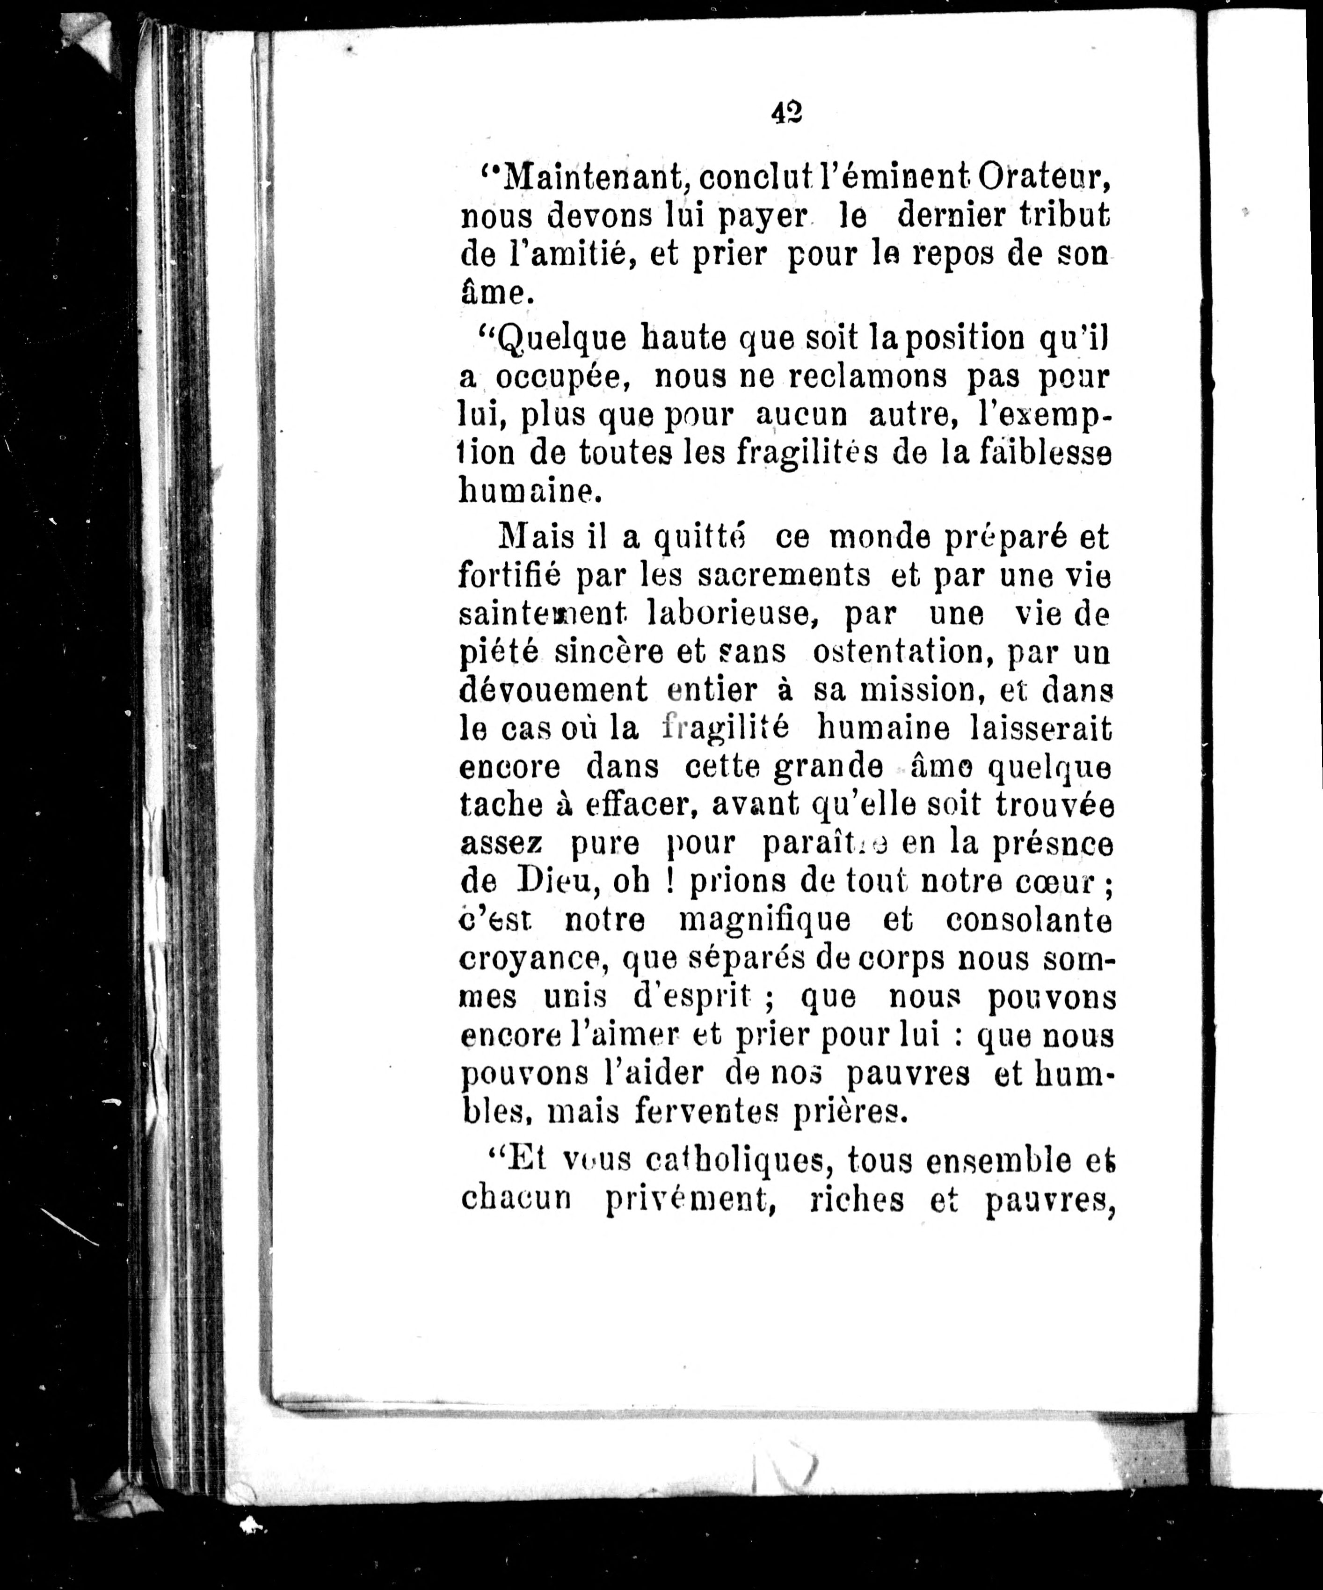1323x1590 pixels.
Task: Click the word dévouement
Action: click(x=553, y=691)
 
